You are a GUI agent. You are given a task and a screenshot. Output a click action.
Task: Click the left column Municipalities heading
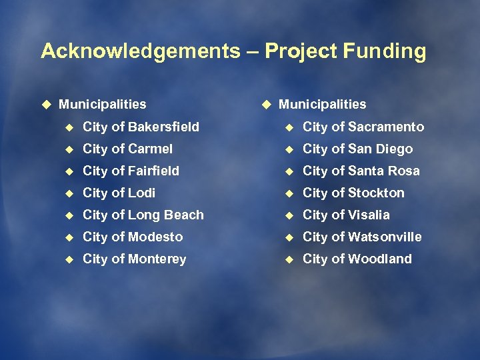[103, 104]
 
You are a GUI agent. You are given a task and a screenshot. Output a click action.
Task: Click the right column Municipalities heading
[323, 104]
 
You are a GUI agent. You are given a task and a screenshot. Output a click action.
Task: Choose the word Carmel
[150, 149]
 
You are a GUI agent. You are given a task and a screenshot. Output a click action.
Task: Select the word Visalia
[369, 215]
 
